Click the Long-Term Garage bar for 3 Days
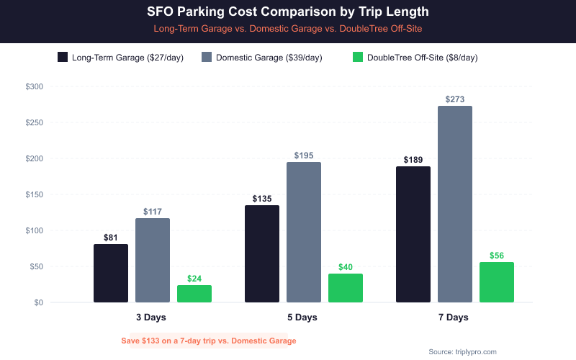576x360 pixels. click(x=111, y=274)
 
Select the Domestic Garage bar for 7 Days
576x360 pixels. click(x=455, y=204)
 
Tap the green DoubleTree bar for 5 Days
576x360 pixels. click(x=346, y=288)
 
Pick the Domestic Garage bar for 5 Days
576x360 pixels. click(x=304, y=232)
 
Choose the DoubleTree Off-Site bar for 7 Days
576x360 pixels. click(x=497, y=282)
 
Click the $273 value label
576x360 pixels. click(x=455, y=99)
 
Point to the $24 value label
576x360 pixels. click(x=194, y=279)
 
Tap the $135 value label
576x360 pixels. click(x=262, y=199)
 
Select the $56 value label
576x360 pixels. click(x=497, y=256)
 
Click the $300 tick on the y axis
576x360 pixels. click(x=34, y=86)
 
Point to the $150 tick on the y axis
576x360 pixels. click(x=34, y=194)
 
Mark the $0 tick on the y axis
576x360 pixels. click(x=37, y=302)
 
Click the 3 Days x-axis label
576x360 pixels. click(x=153, y=318)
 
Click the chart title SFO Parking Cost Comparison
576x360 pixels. click(x=288, y=13)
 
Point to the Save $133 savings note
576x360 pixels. click(x=209, y=341)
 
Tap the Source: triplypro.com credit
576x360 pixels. click(x=462, y=351)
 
